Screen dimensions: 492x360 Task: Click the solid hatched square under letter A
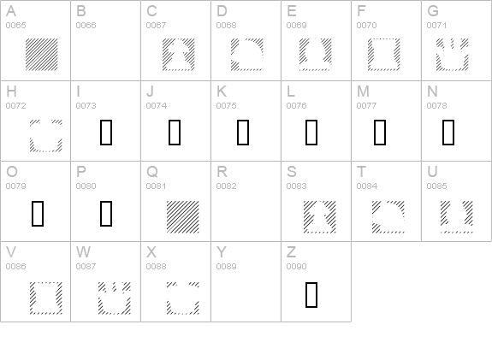click(42, 55)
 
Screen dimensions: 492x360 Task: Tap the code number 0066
click(86, 26)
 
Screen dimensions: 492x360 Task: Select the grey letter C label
click(151, 11)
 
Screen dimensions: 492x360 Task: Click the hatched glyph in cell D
click(247, 55)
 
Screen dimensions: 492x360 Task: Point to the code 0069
click(297, 26)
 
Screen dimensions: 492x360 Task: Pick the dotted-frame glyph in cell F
click(384, 55)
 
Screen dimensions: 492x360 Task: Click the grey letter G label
click(433, 11)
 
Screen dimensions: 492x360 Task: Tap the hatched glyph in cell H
click(46, 136)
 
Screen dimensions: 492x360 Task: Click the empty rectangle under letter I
click(106, 133)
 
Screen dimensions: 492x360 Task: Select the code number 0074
click(157, 106)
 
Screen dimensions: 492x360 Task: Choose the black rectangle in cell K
click(243, 133)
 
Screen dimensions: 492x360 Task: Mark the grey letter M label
click(363, 91)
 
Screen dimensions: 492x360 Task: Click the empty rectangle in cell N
click(448, 133)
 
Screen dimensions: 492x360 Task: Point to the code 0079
click(15, 186)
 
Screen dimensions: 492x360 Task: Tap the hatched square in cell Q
click(183, 217)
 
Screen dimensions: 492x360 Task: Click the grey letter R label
click(222, 172)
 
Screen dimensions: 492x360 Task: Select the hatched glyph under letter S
click(320, 217)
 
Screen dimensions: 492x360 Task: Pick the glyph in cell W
click(115, 298)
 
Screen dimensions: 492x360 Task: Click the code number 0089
click(226, 267)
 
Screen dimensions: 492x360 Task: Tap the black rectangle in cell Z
click(311, 295)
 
